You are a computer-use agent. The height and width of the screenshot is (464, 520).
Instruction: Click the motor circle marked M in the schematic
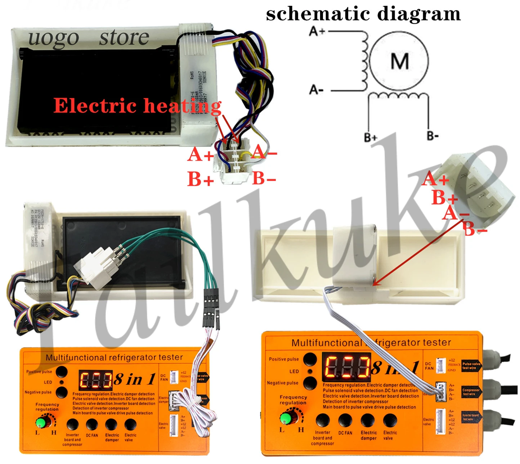pyautogui.click(x=399, y=61)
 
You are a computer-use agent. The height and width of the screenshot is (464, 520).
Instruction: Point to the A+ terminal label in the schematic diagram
pyautogui.click(x=317, y=32)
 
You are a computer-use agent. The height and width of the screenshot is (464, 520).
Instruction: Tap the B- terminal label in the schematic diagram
pyautogui.click(x=432, y=136)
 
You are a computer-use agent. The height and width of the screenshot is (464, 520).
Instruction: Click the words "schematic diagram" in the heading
pyautogui.click(x=363, y=14)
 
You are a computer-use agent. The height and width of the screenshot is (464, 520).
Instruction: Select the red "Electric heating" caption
pyautogui.click(x=137, y=106)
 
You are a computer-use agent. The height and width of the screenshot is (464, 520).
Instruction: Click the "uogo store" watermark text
pyautogui.click(x=89, y=38)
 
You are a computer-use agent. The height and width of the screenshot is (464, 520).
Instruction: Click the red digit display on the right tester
pyautogui.click(x=346, y=366)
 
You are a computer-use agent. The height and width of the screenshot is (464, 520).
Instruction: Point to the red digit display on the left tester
pyautogui.click(x=95, y=380)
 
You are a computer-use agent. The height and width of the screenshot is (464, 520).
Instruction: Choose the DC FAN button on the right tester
pyautogui.click(x=345, y=420)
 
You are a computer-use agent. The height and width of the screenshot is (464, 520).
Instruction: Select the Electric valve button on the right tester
pyautogui.click(x=390, y=420)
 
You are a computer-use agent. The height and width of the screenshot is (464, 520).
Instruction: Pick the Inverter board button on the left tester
pyautogui.click(x=72, y=425)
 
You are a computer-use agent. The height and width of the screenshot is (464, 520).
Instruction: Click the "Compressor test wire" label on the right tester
pyautogui.click(x=471, y=392)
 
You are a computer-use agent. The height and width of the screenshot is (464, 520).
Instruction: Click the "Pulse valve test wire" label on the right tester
pyautogui.click(x=471, y=366)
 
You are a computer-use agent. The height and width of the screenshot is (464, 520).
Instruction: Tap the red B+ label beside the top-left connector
pyautogui.click(x=200, y=179)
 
